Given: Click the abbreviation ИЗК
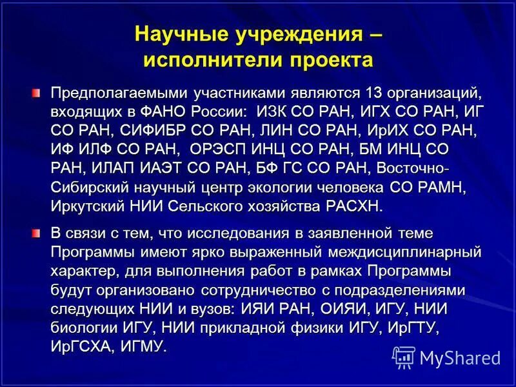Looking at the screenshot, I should coord(272,112).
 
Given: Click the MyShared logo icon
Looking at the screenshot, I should coord(403,357).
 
